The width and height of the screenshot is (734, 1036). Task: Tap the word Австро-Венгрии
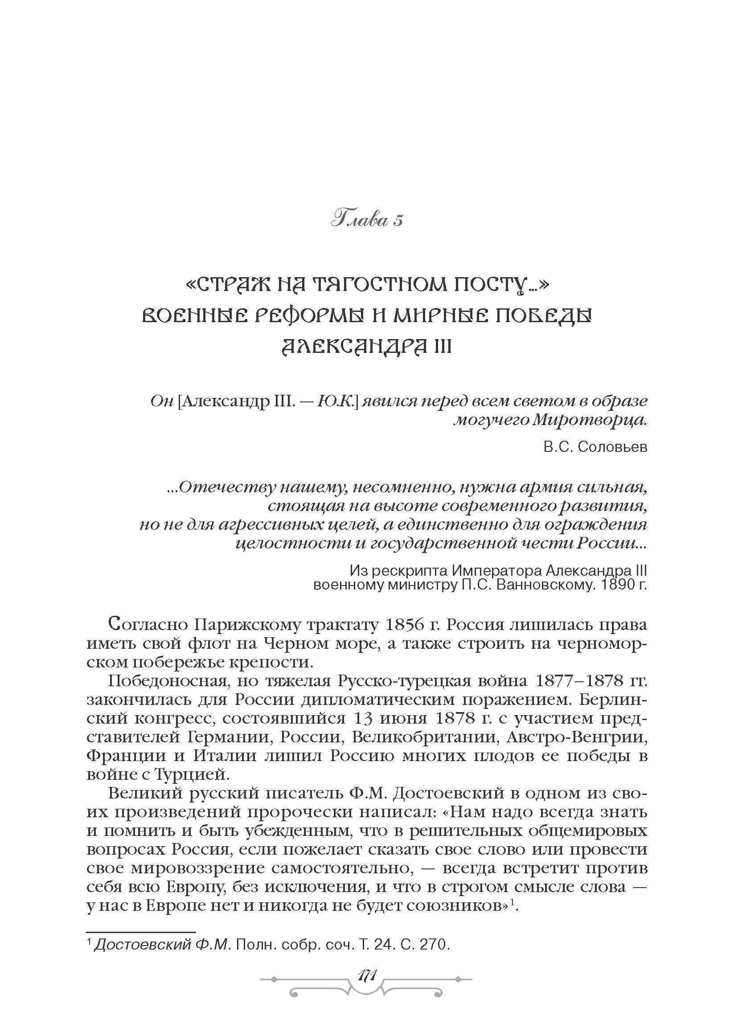(577, 737)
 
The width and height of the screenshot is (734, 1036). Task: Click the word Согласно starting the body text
(144, 625)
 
